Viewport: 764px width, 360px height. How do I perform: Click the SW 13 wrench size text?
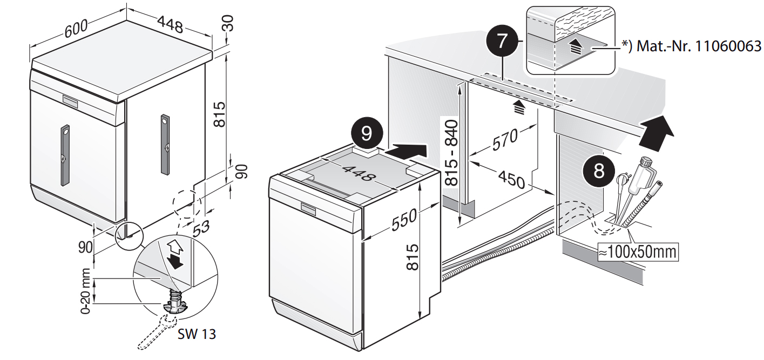pyautogui.click(x=197, y=334)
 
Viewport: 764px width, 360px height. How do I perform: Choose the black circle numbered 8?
pyautogui.click(x=599, y=171)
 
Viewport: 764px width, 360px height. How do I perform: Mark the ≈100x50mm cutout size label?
pyautogui.click(x=637, y=252)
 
